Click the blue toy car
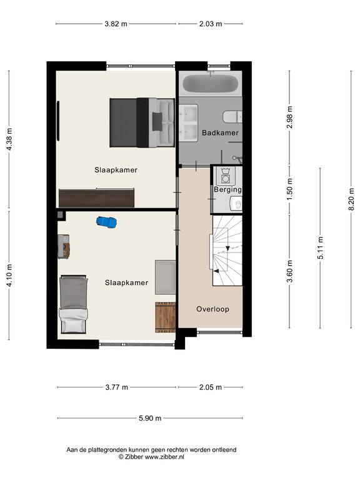pos(106,222)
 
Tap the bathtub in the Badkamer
pos(210,84)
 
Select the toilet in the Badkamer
pos(232,117)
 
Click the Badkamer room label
pos(220,133)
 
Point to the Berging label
pos(227,189)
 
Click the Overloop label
pos(212,309)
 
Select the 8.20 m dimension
pos(351,199)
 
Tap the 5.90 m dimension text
pos(150,418)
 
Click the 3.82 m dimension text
pos(116,24)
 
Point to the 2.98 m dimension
pos(289,117)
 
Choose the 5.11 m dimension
pos(320,248)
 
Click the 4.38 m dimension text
pos(9,139)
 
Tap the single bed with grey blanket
pos(73,304)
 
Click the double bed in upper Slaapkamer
pos(142,122)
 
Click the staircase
pos(227,251)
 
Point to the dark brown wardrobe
pos(97,197)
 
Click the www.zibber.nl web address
pos(164,457)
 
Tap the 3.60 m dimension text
pos(289,271)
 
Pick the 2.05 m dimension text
pos(211,387)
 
